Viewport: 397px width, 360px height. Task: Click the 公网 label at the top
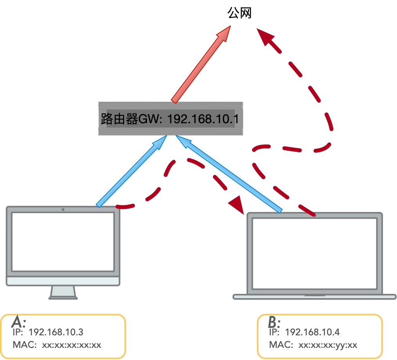239,13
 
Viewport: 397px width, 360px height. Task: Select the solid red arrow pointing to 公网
200,65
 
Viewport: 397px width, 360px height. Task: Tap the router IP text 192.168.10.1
203,119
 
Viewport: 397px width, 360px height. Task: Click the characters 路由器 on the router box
119,119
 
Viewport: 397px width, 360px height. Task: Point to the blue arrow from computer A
132,171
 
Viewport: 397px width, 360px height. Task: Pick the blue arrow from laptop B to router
229,174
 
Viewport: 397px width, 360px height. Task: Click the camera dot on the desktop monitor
63,209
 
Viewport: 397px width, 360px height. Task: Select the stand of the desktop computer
63,293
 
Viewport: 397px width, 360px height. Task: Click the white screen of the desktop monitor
63,241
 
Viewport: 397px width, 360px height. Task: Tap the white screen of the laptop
315,253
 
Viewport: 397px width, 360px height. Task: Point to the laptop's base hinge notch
315,295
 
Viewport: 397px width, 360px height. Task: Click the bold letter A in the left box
18,321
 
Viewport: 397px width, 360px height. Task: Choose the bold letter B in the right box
274,322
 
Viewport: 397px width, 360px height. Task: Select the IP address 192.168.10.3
56,332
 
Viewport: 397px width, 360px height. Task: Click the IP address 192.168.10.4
312,332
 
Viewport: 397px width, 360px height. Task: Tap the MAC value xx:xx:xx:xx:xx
72,345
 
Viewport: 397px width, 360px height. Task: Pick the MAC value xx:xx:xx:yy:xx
328,345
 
